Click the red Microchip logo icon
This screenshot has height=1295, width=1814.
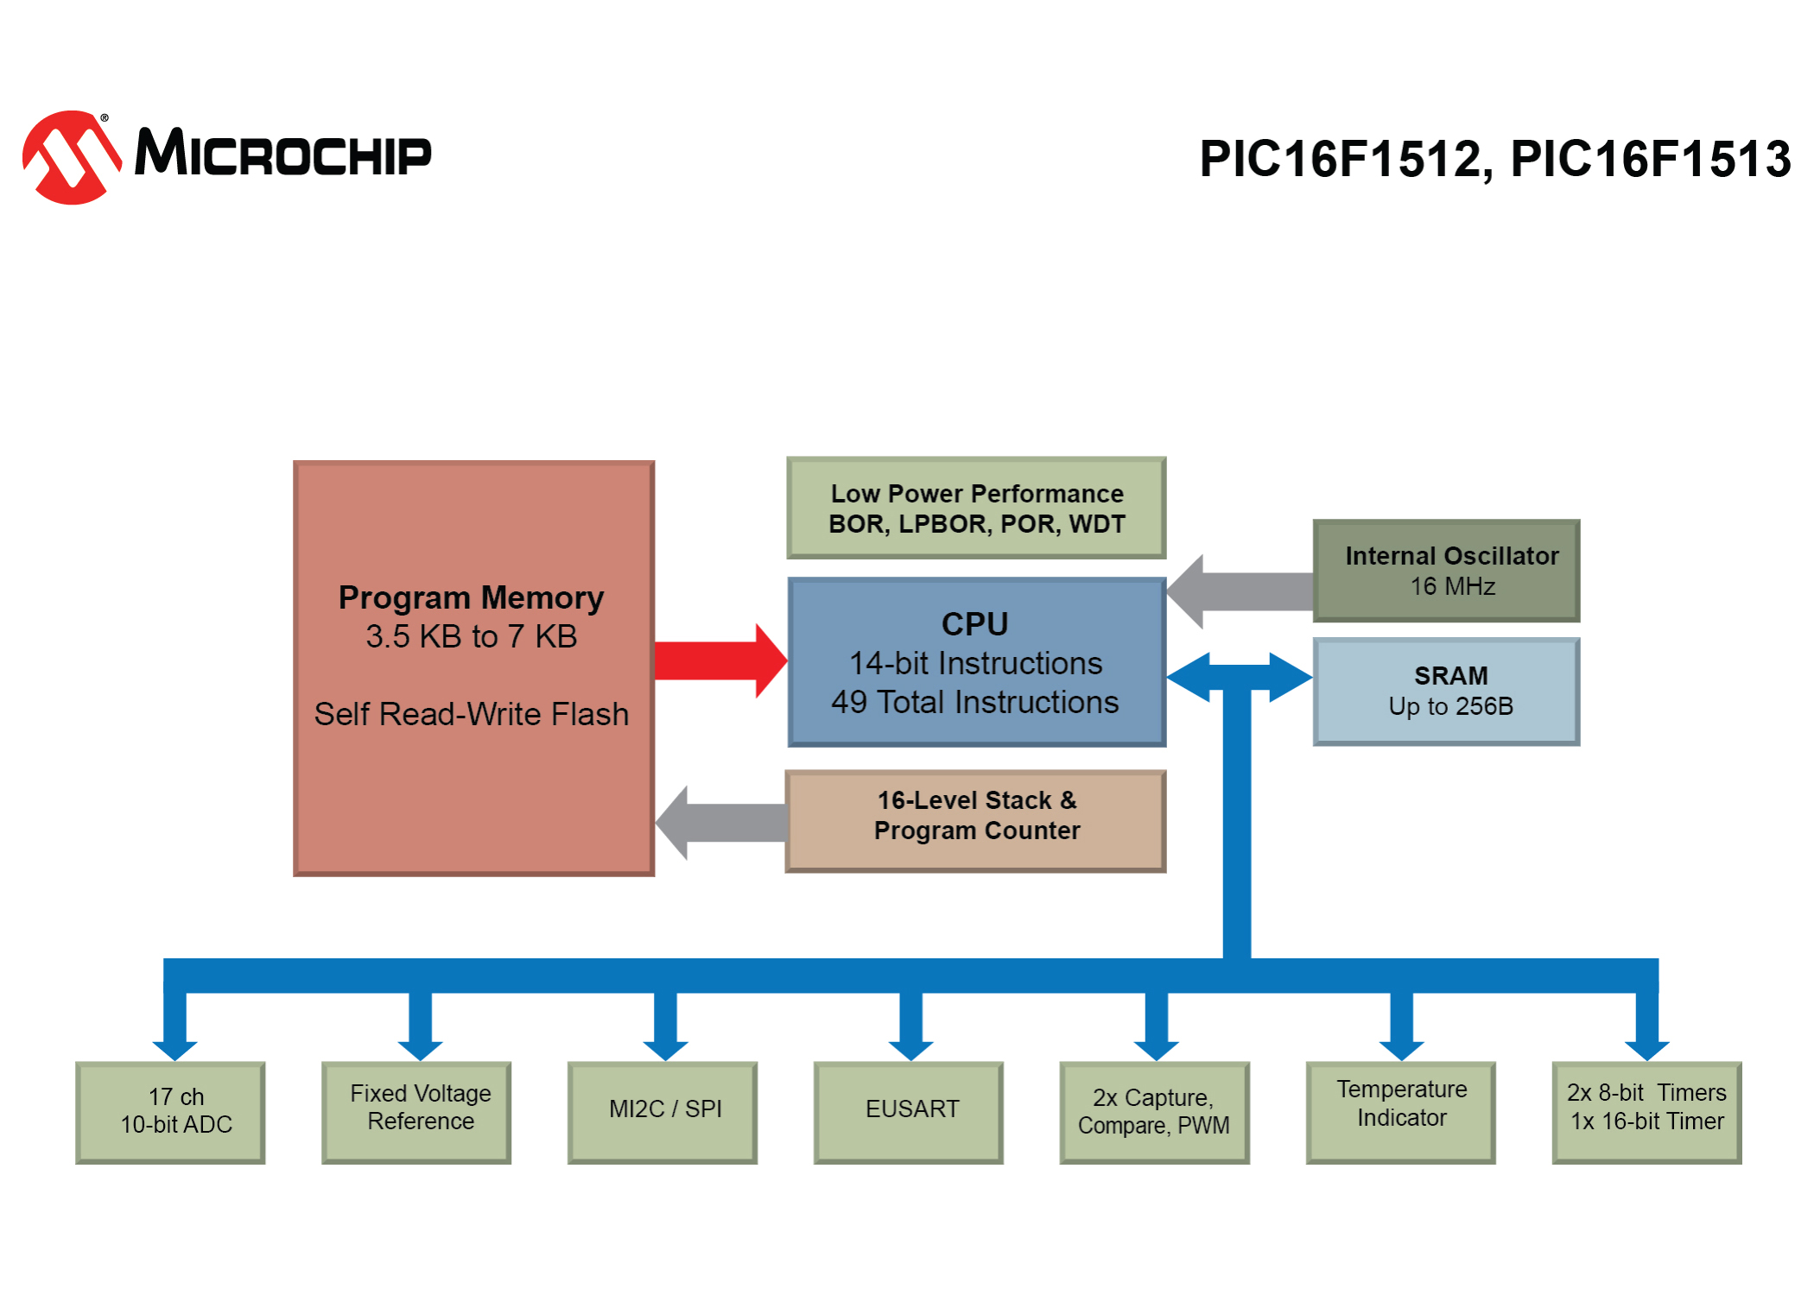71,157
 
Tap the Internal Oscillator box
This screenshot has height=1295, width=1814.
1446,571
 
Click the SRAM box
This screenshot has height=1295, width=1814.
1446,692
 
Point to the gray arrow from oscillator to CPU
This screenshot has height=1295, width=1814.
1240,591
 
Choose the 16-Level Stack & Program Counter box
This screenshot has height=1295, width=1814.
975,821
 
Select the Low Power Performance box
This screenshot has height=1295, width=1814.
976,508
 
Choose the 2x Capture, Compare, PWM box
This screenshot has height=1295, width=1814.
1155,1112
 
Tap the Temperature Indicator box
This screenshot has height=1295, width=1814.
1401,1112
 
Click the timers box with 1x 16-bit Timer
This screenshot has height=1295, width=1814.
1647,1112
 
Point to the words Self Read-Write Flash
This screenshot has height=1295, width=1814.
472,714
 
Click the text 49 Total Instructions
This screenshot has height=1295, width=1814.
975,703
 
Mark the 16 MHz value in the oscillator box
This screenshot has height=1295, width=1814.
1453,587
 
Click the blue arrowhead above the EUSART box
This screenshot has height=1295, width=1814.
910,1048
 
